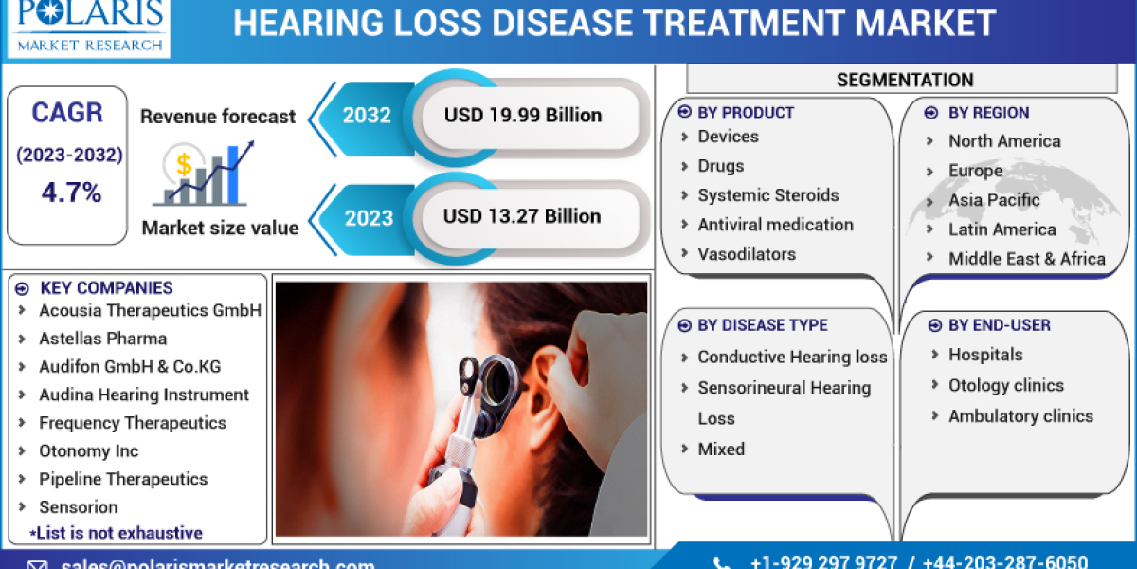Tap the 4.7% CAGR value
[71, 193]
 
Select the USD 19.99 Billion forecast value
[523, 116]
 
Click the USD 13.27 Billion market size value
[522, 216]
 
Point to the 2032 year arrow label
[367, 116]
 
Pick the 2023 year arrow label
[367, 217]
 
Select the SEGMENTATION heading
[905, 80]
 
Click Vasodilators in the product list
[747, 254]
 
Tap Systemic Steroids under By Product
[767, 195]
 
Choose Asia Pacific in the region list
[994, 200]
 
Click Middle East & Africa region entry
[1026, 259]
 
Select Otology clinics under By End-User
[1005, 385]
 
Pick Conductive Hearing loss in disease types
[792, 357]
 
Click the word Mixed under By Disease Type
[721, 449]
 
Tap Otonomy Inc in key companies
[88, 451]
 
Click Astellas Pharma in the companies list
[102, 339]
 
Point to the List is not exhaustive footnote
[116, 533]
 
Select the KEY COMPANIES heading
[105, 288]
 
